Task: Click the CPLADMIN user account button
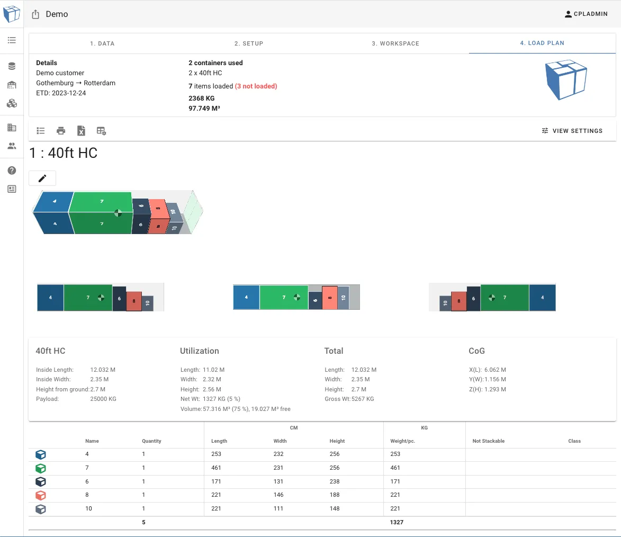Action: [x=586, y=14]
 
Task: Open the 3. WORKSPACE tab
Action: [x=395, y=43]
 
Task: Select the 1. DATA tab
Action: [x=102, y=43]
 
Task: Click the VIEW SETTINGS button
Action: [x=572, y=131]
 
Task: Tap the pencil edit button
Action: [x=42, y=178]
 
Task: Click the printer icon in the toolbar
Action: [x=61, y=131]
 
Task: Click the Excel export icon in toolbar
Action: [x=81, y=131]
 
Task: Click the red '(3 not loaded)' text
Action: [x=256, y=86]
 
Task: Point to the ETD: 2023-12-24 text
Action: [x=61, y=93]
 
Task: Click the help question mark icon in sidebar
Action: [x=12, y=171]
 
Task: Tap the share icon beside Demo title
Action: [x=36, y=14]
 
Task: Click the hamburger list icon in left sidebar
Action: [x=12, y=40]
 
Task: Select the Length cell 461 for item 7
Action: [x=216, y=468]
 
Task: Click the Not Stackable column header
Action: [x=488, y=441]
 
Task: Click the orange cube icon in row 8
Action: [x=41, y=496]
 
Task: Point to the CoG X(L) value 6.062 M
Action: [x=495, y=370]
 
